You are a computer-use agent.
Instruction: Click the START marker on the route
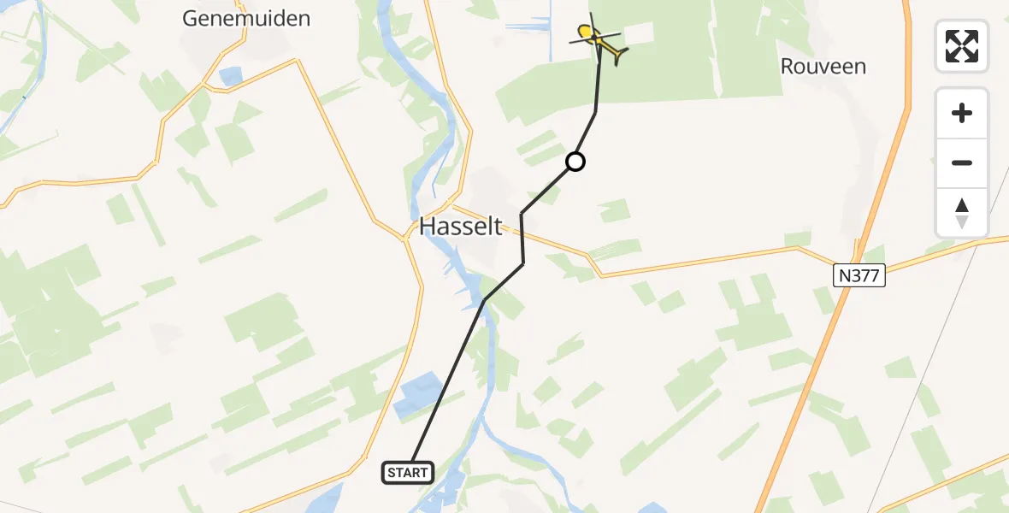coord(408,473)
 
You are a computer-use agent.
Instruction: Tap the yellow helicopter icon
coord(598,38)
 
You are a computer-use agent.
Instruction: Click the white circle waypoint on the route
coord(575,161)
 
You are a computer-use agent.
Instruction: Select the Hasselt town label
coord(460,227)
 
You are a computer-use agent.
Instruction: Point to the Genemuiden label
coord(246,18)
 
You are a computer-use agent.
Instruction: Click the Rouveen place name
coord(823,66)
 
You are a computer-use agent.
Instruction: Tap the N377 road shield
coord(859,274)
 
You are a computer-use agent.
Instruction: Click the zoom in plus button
coord(962,113)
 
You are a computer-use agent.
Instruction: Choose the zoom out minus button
coord(962,162)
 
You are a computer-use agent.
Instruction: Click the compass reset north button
coord(962,213)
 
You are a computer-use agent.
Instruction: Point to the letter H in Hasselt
coord(428,227)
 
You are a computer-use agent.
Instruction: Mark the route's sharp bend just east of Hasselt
coord(522,213)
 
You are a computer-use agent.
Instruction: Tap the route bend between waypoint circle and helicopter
coord(595,112)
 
